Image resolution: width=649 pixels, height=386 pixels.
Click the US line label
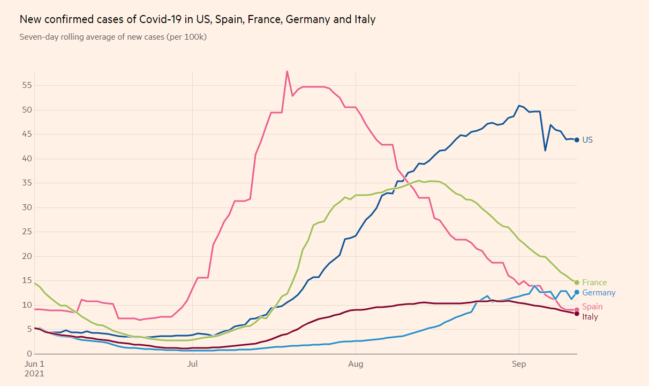587,140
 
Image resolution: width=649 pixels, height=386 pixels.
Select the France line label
594,283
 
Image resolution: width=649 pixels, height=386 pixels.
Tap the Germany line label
599,293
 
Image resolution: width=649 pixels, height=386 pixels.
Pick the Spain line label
592,307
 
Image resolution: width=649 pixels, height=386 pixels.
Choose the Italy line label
590,317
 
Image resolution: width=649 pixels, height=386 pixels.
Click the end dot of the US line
577,140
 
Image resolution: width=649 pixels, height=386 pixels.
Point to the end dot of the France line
577,283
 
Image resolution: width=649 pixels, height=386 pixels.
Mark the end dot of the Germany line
577,292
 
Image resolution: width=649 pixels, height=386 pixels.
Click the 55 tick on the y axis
27,85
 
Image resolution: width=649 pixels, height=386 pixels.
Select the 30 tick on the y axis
27,207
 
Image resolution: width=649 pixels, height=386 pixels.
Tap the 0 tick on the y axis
29,354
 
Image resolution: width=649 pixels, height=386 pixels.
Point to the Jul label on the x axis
193,365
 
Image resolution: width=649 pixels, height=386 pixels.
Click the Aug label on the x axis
356,365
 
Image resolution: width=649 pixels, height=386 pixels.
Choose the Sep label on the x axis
519,365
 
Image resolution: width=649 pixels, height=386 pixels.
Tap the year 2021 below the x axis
34,374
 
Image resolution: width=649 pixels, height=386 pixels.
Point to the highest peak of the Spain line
287,71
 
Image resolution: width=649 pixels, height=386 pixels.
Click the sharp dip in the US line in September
545,150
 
